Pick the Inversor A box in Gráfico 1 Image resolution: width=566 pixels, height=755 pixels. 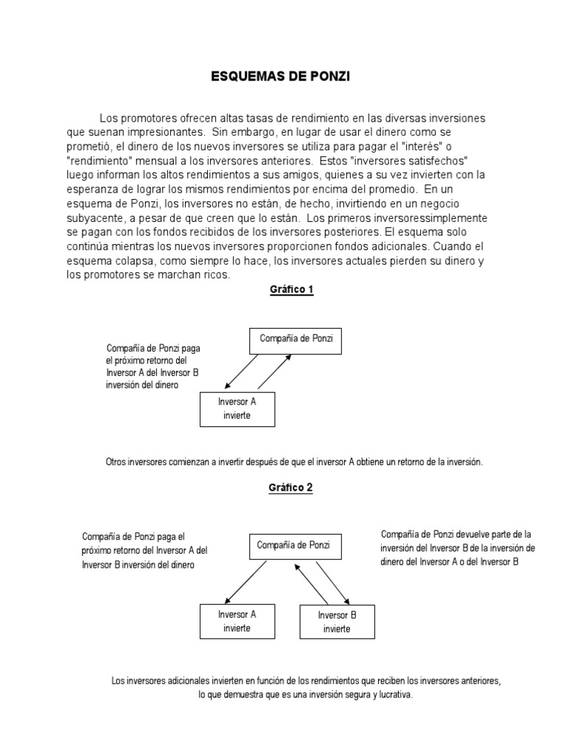pos(237,408)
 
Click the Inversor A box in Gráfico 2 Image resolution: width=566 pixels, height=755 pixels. pos(237,621)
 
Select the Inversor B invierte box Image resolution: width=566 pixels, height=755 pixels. pos(337,622)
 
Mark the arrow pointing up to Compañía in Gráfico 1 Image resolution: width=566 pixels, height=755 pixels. pos(273,372)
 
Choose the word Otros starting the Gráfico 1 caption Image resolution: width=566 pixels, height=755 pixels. pos(117,462)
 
